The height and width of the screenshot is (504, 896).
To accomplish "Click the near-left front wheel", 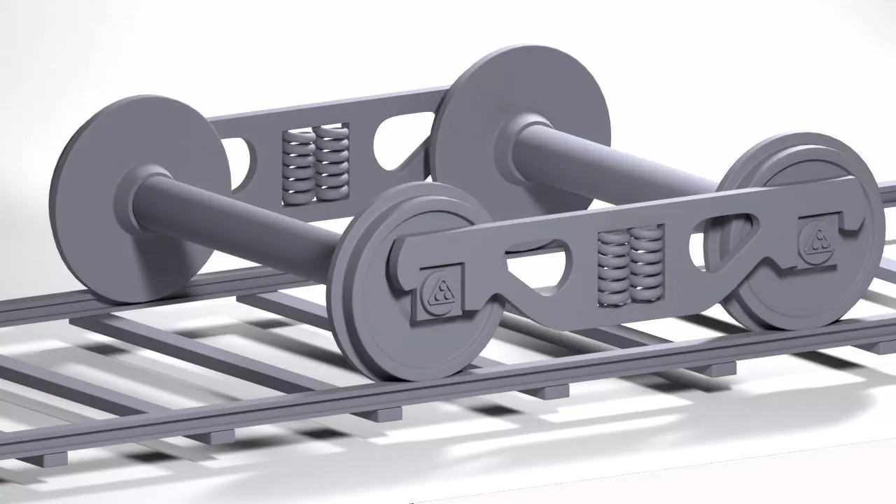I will (392, 336).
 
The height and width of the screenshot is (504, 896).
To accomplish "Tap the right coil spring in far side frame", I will (331, 161).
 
